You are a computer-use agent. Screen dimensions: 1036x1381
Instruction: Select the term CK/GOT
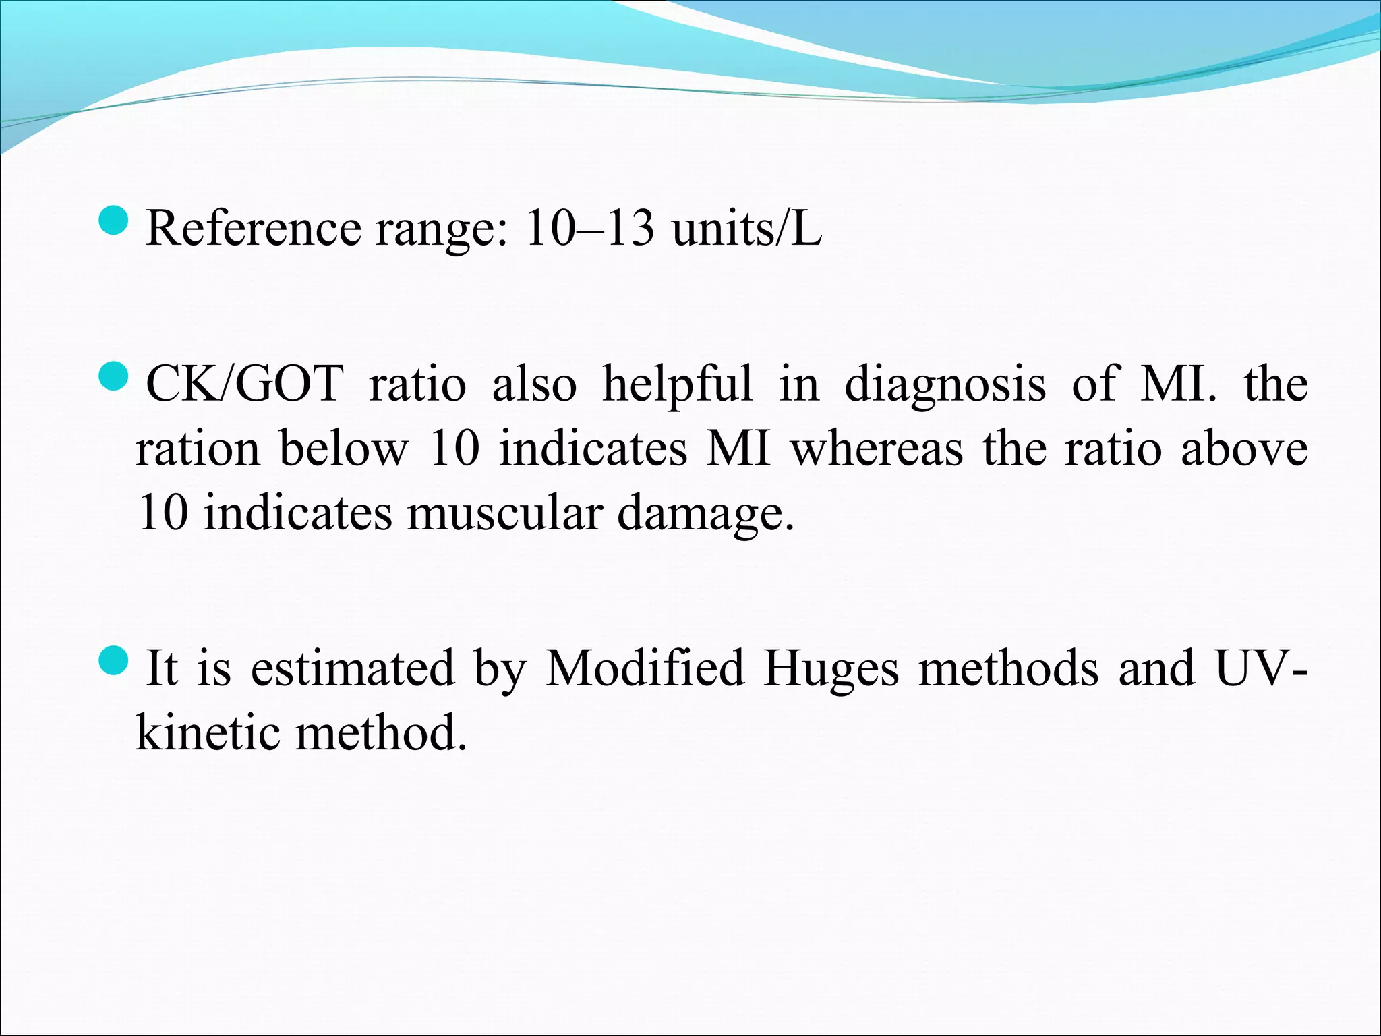(245, 384)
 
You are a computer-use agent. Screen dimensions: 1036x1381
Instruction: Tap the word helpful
(677, 384)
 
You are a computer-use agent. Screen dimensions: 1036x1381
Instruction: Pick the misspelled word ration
(197, 450)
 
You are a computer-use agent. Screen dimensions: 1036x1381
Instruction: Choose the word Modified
(645, 668)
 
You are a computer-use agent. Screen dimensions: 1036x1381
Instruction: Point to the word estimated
(353, 668)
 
